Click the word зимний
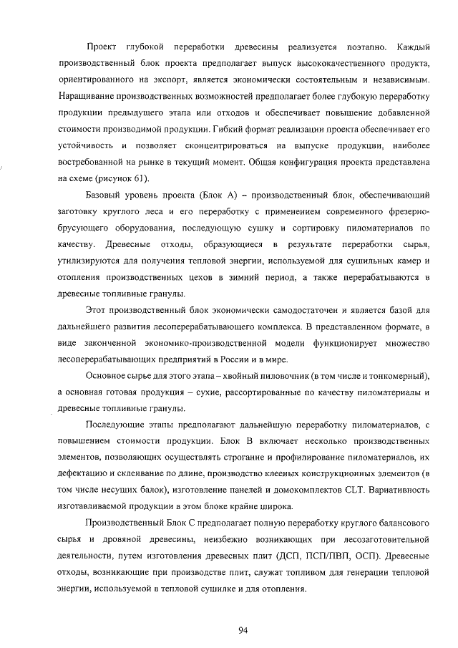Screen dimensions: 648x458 [x=255, y=276]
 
